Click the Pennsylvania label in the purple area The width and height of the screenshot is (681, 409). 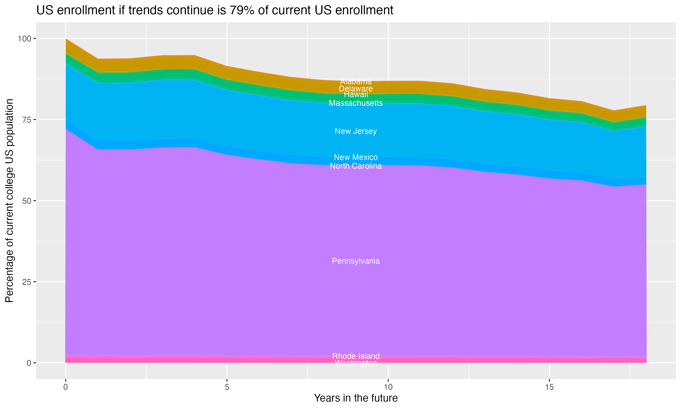click(356, 261)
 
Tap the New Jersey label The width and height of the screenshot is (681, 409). click(356, 131)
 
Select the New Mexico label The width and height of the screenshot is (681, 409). click(356, 157)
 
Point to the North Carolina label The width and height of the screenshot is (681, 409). click(356, 166)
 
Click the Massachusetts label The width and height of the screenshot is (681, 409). click(356, 103)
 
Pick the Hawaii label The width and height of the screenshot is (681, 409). click(356, 95)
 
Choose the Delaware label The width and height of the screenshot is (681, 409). click(356, 89)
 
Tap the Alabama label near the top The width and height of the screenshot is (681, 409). click(356, 82)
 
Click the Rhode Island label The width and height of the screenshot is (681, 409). click(356, 356)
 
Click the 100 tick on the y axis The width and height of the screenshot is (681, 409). click(24, 39)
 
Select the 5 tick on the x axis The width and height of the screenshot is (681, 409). click(227, 387)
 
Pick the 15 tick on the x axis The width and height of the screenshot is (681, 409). click(549, 387)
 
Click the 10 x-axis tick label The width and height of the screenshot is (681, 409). click(388, 387)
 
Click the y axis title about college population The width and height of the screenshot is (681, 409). click(10, 201)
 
